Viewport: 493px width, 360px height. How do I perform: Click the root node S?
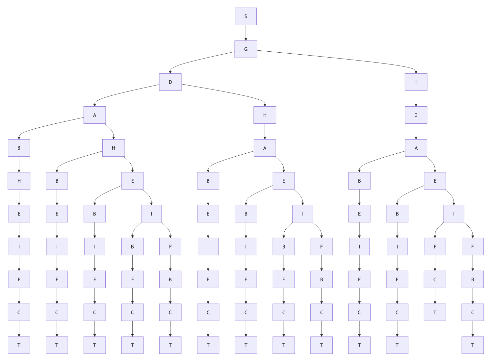246,16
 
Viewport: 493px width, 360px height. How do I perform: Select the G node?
246,49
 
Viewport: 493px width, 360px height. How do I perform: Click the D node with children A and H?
170,82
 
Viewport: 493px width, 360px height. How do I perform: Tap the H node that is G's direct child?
416,82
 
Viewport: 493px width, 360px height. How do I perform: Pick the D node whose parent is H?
416,115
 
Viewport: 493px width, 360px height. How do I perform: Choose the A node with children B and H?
95,115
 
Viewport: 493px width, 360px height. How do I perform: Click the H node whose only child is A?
265,115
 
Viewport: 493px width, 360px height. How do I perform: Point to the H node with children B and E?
114,148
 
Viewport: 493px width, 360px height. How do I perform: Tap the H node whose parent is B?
19,181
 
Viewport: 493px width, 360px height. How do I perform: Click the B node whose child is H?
19,148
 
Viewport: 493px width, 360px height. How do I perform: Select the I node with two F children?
454,214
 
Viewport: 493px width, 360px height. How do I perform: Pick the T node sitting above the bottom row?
435,313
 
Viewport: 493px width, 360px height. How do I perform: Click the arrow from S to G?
246,33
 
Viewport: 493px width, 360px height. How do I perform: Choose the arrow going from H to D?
416,99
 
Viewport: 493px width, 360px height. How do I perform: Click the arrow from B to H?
19,165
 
